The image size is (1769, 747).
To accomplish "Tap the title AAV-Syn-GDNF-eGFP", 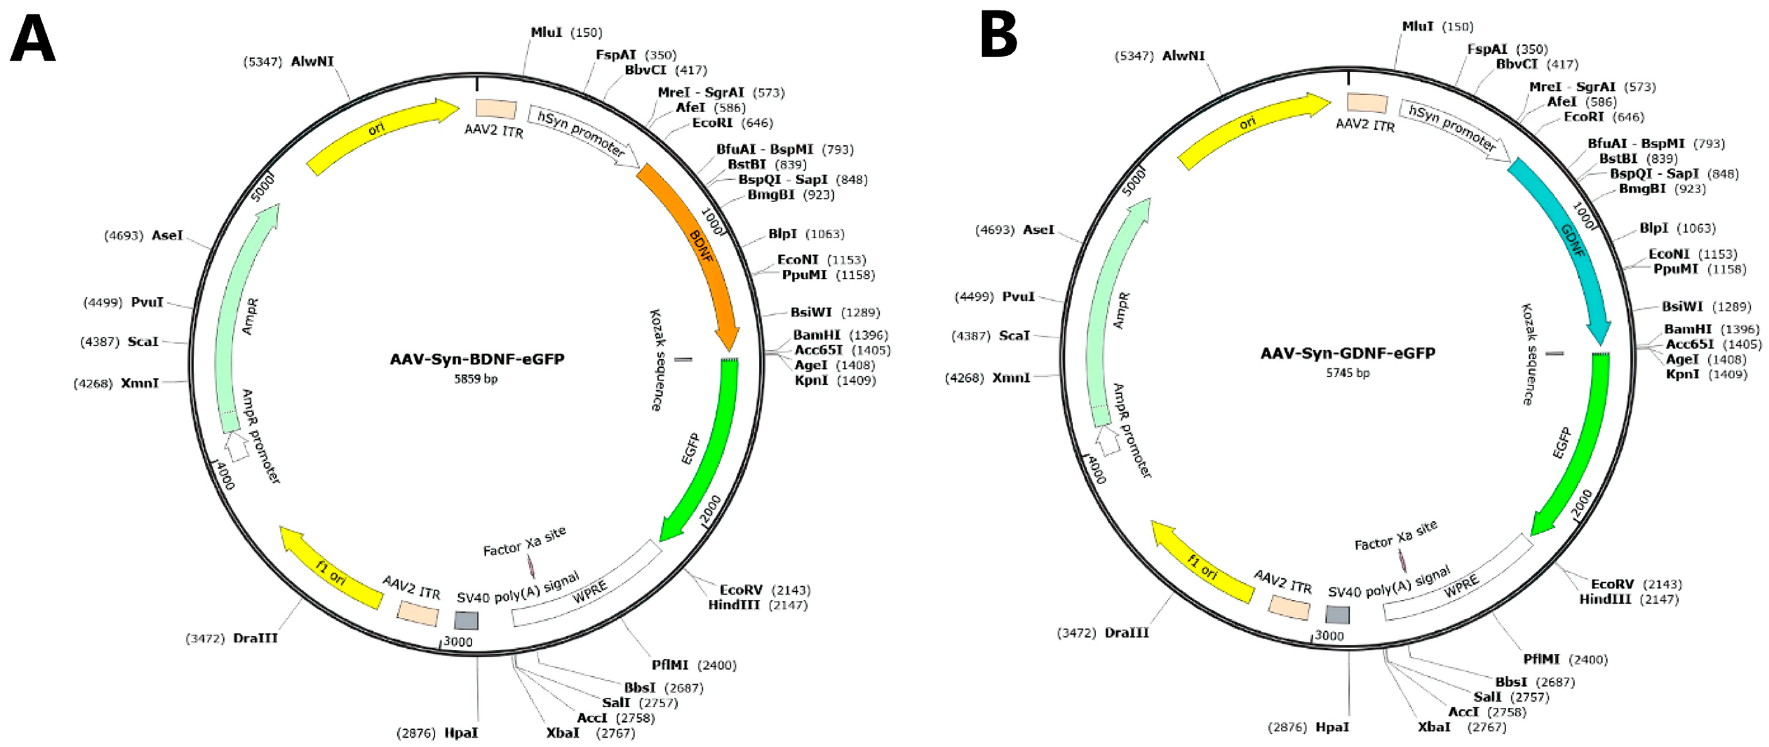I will tap(1347, 354).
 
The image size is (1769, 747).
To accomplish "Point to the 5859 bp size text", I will tap(476, 378).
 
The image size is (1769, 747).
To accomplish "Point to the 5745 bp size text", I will tap(1347, 373).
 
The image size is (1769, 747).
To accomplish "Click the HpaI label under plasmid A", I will tap(461, 733).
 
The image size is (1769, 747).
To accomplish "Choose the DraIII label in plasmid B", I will tap(1126, 632).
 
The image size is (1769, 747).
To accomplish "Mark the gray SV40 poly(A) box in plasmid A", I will tap(466, 621).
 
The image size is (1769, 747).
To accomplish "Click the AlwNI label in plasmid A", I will tap(313, 61).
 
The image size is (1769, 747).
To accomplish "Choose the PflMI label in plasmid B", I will tap(1542, 659).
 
